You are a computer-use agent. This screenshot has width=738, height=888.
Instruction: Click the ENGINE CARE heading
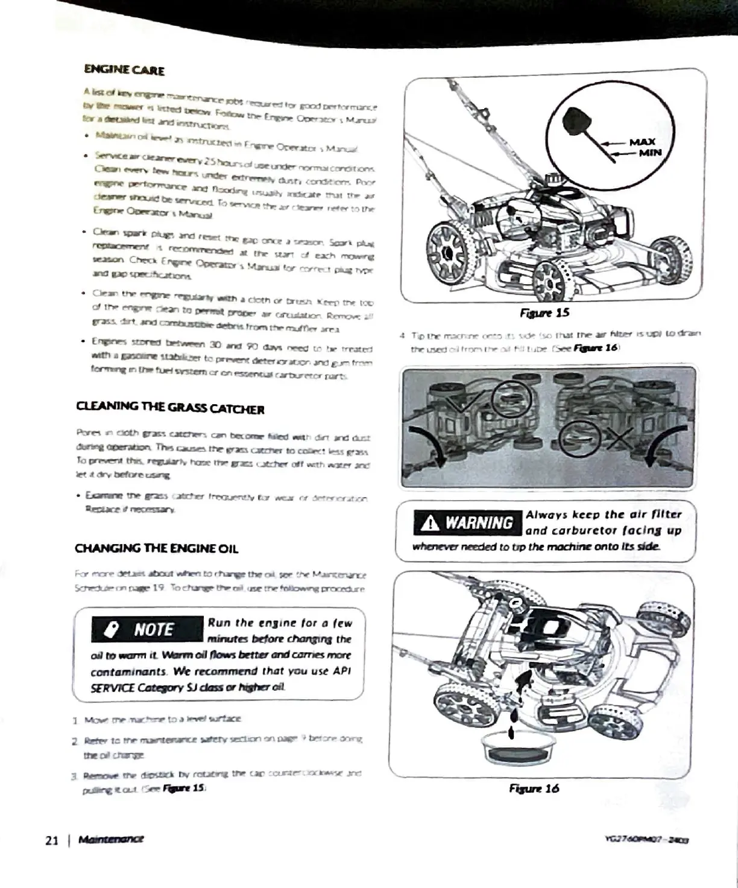(x=124, y=69)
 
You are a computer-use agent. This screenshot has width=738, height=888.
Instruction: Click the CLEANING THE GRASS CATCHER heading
(x=170, y=408)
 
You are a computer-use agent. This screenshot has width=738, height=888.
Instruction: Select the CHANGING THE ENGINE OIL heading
(x=156, y=548)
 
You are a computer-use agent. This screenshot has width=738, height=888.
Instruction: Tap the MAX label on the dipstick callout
(x=642, y=142)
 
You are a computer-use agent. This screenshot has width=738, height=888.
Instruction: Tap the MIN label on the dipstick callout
(x=650, y=153)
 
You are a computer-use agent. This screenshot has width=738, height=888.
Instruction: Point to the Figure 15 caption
(x=544, y=312)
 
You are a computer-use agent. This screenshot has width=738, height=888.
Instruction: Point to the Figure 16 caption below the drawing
(x=534, y=788)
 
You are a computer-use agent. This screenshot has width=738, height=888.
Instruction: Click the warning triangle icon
(x=430, y=522)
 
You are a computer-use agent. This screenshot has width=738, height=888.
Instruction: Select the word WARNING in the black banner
(x=479, y=522)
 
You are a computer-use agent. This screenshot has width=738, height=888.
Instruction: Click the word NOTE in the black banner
(x=154, y=630)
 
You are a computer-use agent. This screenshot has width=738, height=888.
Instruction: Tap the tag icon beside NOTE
(x=112, y=630)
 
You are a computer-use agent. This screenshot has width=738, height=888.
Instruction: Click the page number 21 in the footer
(x=52, y=840)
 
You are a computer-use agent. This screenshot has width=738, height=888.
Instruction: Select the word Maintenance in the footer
(x=111, y=839)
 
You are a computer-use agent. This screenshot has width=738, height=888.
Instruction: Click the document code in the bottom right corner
(x=646, y=839)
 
